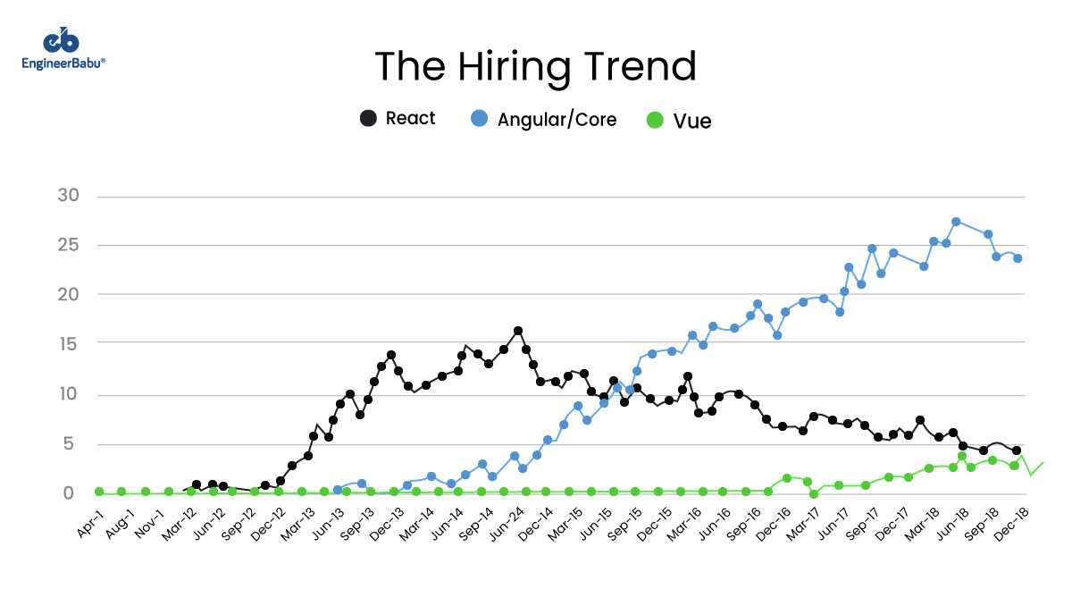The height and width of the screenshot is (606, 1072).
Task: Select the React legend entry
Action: coord(398,118)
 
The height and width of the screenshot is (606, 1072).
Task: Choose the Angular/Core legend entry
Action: coord(544,119)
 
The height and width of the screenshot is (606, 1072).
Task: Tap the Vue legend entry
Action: coord(680,120)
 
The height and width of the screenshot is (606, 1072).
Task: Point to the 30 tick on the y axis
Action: coord(69,196)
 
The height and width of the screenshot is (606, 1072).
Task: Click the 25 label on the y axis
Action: coord(69,245)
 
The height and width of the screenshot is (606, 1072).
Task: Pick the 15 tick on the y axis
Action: coord(69,344)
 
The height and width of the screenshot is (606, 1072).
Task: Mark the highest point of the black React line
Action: coord(518,332)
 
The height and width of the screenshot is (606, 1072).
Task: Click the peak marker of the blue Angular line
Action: coord(956,222)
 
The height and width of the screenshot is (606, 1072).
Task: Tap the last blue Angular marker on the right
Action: coord(1018,258)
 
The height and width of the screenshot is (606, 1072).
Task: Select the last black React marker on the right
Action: coord(1017,451)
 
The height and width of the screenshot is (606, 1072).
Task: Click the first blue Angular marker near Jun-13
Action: coord(338,490)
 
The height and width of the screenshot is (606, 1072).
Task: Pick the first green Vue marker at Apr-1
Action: coord(99,492)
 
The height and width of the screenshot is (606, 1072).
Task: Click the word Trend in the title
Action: coord(641,67)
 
